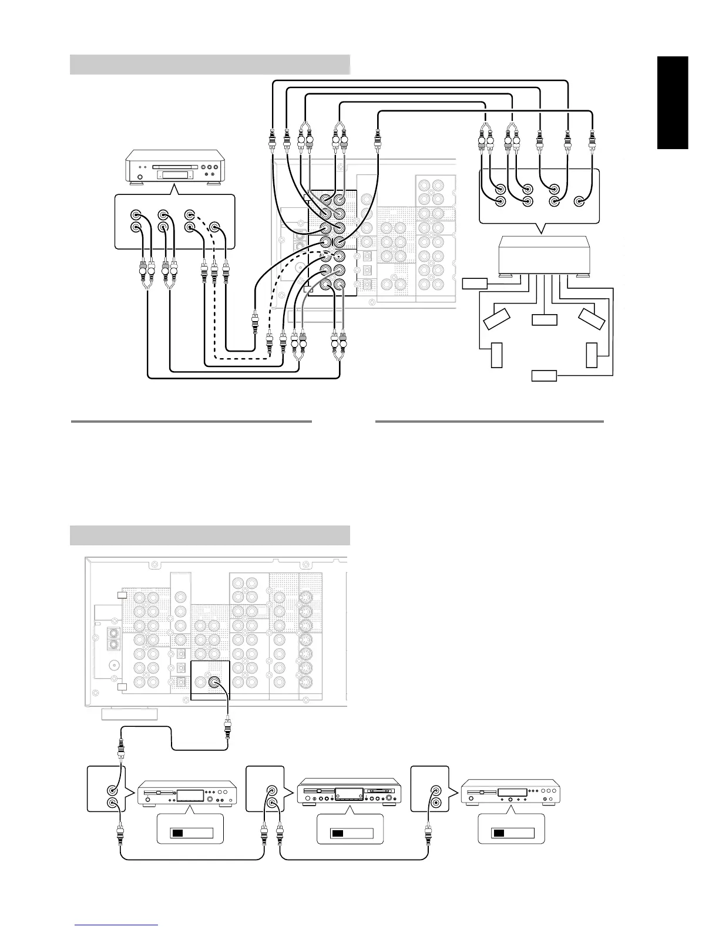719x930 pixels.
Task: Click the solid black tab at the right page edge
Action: click(x=673, y=103)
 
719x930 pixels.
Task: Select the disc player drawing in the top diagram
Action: click(x=174, y=169)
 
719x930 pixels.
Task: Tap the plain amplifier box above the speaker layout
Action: click(x=543, y=254)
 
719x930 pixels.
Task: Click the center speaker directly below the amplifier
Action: click(x=545, y=320)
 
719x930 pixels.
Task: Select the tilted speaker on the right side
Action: click(x=592, y=318)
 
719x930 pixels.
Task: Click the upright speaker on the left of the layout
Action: click(x=496, y=355)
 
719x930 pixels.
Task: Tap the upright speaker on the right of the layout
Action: click(x=592, y=355)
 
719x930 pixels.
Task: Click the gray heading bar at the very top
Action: click(x=210, y=65)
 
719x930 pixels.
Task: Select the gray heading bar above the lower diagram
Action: click(x=210, y=535)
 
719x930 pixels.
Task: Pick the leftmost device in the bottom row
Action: click(x=187, y=793)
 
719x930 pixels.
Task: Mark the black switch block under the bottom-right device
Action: click(x=498, y=833)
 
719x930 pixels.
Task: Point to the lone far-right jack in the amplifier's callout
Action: click(x=580, y=202)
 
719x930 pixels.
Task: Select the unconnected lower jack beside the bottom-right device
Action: click(x=435, y=803)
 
